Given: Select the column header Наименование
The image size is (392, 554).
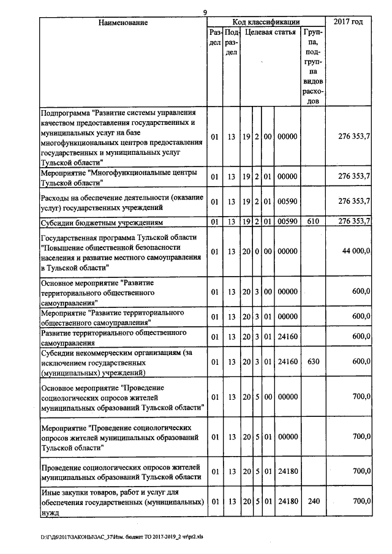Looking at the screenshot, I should pos(123,23).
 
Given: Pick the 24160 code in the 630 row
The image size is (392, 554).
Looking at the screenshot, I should pos(288,362).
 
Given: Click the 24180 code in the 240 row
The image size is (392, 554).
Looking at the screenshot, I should pos(288,501).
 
